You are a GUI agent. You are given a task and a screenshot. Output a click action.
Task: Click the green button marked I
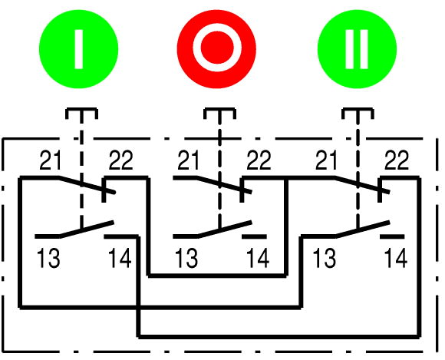pos(78,49)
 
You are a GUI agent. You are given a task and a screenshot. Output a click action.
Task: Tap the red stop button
pos(216,49)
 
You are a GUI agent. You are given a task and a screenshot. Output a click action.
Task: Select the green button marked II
pos(357,49)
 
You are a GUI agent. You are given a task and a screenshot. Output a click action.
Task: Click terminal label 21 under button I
pos(50,160)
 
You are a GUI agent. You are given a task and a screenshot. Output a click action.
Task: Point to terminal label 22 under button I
pos(120,160)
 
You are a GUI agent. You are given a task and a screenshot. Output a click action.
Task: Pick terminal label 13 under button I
pos(48,258)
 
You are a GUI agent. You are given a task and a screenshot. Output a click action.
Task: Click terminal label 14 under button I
pos(120,258)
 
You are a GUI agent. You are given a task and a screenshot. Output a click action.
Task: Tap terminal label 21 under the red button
pos(188,160)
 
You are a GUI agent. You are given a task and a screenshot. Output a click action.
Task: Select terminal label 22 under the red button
pos(259,160)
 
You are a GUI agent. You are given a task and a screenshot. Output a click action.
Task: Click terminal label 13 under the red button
pos(186,258)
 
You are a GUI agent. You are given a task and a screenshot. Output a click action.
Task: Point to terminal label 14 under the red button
pos(258,258)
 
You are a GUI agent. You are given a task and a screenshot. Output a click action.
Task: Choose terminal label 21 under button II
pos(326,160)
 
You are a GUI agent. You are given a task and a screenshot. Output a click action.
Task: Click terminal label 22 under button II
pos(397,160)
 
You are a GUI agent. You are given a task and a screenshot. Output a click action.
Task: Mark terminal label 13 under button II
pos(325,258)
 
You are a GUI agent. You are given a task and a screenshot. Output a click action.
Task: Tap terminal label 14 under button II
pos(396,258)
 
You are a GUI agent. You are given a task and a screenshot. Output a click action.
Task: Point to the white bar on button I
pos(79,49)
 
